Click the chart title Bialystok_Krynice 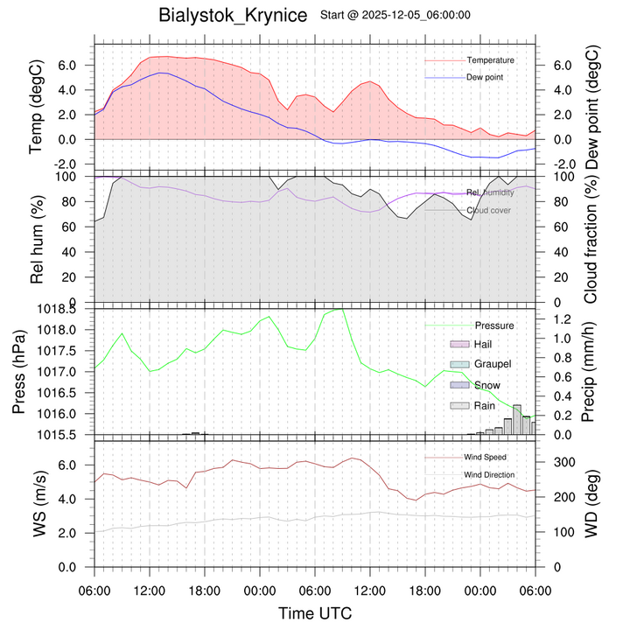point(233,16)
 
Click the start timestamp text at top point(396,15)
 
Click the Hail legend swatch point(460,346)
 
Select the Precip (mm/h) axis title point(589,371)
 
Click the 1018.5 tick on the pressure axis point(65,309)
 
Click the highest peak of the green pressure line point(339,309)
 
